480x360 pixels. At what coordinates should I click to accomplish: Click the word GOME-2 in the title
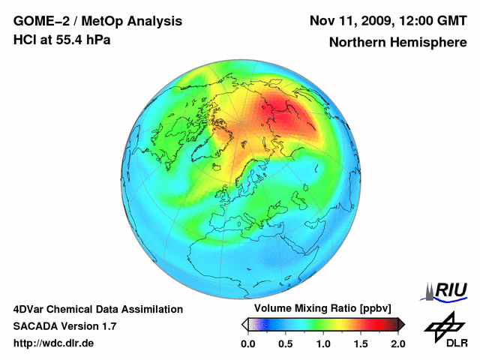(x=40, y=20)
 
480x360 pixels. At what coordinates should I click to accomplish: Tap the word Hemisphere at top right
(x=427, y=43)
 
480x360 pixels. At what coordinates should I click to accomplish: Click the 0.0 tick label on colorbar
(x=247, y=344)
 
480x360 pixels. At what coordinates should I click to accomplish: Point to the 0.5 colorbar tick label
(x=285, y=344)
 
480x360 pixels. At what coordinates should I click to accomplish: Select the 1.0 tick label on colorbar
(x=322, y=344)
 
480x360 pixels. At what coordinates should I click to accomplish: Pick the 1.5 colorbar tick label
(x=360, y=344)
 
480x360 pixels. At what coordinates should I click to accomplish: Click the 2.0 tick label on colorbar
(x=397, y=344)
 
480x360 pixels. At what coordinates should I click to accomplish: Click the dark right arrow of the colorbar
(x=401, y=324)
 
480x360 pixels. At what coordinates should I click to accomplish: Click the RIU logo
(x=448, y=290)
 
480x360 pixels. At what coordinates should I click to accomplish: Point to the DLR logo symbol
(x=443, y=324)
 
